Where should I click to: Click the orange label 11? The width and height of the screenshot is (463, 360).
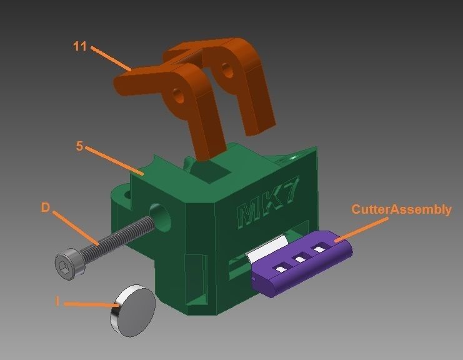point(79,46)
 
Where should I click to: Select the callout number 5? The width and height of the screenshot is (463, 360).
point(79,146)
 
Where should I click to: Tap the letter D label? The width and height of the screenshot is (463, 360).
point(45,207)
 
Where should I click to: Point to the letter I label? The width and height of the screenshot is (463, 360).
point(57,301)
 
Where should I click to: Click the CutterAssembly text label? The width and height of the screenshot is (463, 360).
point(401,209)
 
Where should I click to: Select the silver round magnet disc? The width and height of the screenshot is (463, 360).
point(132,310)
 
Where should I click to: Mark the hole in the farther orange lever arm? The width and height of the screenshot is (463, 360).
point(227,69)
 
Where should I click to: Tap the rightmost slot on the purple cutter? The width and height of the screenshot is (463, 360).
point(321,249)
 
